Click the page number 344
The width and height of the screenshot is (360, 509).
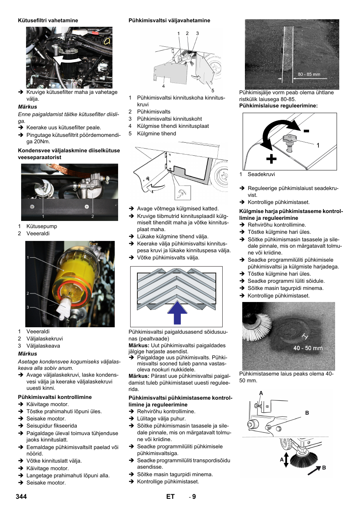coord(21,497)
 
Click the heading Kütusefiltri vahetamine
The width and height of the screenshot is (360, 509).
coord(48,20)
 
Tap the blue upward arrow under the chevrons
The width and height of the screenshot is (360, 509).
coord(177,313)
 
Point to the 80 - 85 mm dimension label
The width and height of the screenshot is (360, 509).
coord(309,74)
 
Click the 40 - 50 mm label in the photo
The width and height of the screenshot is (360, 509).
coord(308,348)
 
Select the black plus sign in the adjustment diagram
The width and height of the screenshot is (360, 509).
coord(271,159)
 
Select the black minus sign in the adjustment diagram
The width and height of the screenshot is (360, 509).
coord(306,131)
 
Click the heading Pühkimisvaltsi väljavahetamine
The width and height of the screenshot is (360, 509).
coord(169,20)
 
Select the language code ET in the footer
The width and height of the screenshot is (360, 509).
coord(170,497)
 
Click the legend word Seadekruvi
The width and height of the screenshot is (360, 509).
coord(261,174)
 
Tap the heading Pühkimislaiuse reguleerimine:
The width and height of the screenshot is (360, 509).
coord(278,106)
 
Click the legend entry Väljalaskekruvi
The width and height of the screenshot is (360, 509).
coord(45,339)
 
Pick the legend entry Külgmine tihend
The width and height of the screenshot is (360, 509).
coord(156,133)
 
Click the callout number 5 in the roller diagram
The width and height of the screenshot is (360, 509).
coord(213,90)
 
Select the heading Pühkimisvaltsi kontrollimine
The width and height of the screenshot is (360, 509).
coord(55,397)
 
